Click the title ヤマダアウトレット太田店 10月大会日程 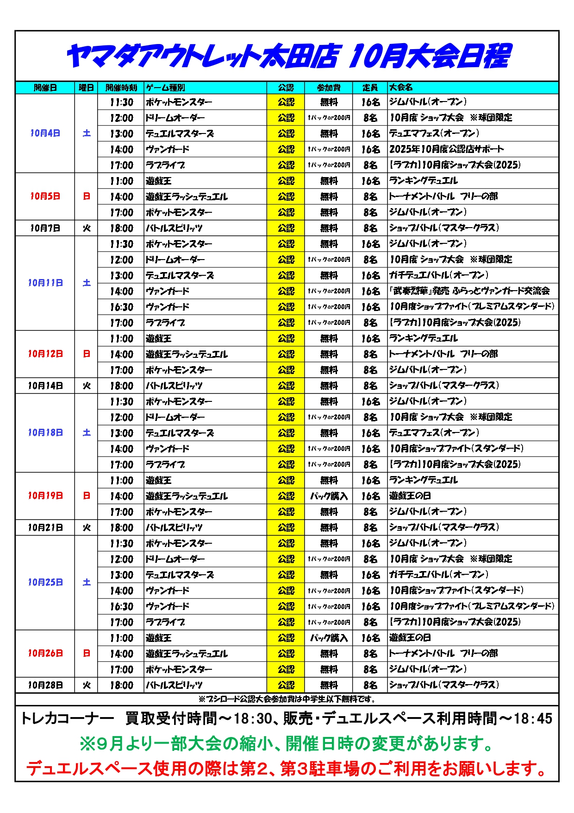[288, 57]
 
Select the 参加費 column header [328, 88]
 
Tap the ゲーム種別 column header [166, 88]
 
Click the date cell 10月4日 [45, 133]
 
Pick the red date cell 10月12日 [45, 354]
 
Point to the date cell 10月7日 [45, 228]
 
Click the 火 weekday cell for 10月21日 [86, 527]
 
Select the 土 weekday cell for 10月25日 [86, 583]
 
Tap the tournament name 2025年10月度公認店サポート [446, 149]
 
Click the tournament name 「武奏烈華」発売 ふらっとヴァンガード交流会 [469, 291]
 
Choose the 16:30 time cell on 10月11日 [121, 307]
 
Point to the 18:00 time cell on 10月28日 [121, 685]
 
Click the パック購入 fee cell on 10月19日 [328, 496]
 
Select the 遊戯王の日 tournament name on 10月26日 [410, 638]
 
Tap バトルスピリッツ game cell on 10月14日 [174, 386]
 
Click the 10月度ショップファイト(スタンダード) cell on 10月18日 [456, 449]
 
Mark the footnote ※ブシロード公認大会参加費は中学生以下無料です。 [287, 699]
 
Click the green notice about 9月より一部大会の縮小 [287, 744]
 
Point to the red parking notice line [287, 769]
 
